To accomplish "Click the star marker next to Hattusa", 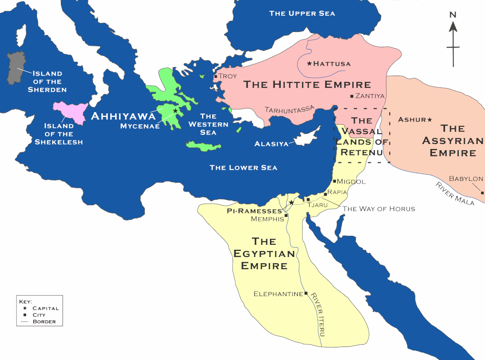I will click(310, 63).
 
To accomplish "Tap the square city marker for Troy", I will click(216, 76).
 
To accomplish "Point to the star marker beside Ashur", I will click(430, 119).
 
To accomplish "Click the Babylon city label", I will click(466, 179).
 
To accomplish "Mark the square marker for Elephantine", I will click(306, 293).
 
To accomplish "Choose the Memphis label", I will click(268, 219).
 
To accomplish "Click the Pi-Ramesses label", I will click(254, 211).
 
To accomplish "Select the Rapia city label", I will click(337, 192).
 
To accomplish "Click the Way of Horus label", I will click(379, 209).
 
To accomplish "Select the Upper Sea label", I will click(302, 13).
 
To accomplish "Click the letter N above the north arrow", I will click(453, 14).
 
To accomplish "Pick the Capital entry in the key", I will click(45, 308).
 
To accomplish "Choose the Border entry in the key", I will click(44, 321).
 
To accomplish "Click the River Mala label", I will click(454, 193).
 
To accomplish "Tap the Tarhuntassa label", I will click(289, 109).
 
